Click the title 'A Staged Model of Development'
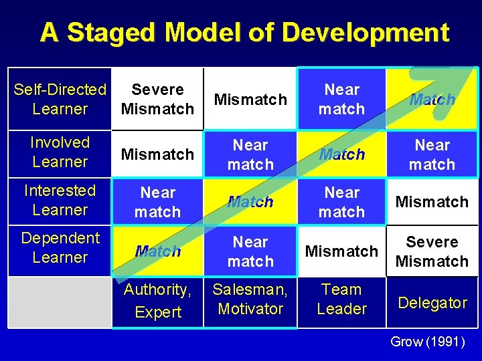click(244, 32)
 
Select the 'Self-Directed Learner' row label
click(60, 99)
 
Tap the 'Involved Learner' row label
click(60, 152)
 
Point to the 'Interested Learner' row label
click(60, 200)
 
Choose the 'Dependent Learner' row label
click(60, 247)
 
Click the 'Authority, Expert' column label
click(157, 301)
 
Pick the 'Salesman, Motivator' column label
click(250, 299)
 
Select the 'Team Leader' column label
click(341, 299)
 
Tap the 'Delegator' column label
click(432, 303)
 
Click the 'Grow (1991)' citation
click(427, 342)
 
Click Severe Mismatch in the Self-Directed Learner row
click(158, 99)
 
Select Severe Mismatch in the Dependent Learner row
click(432, 251)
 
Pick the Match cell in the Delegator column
click(432, 100)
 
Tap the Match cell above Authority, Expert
click(158, 251)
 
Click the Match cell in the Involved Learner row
click(341, 154)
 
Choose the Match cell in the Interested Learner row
click(250, 202)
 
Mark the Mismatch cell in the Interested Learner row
click(432, 202)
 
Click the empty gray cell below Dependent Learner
click(60, 302)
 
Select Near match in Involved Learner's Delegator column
click(432, 154)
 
